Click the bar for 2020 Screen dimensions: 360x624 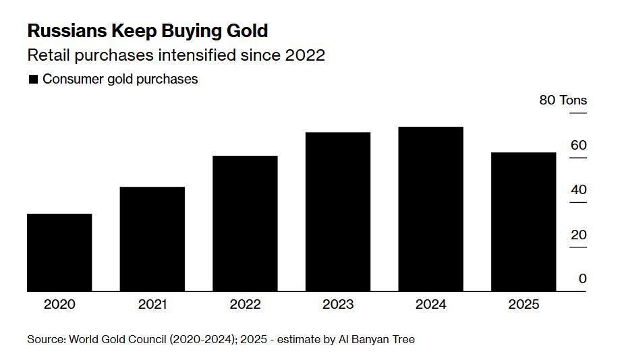[59, 253]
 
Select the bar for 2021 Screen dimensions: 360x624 [152, 239]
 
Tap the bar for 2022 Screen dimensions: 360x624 [245, 224]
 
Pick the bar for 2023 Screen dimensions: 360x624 [338, 212]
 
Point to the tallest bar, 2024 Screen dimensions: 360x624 [430, 209]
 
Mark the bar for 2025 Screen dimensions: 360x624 [523, 222]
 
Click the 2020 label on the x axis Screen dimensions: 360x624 [59, 304]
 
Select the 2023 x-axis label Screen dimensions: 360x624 [338, 304]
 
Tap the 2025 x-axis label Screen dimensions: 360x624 [523, 304]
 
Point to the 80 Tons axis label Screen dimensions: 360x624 [563, 100]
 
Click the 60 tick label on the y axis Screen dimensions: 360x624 [578, 145]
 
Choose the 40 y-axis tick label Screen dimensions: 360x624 [578, 189]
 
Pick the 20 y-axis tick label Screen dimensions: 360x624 [578, 235]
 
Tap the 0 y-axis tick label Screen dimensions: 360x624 [582, 278]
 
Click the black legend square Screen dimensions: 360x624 [33, 80]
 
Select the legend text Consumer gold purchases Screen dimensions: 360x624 [120, 79]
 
